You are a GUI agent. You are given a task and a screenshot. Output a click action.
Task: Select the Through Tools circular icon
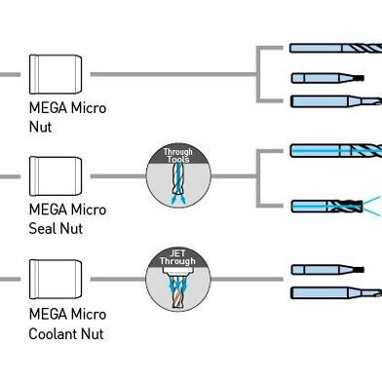click(x=178, y=176)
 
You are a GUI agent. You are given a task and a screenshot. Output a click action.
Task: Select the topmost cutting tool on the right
click(x=336, y=48)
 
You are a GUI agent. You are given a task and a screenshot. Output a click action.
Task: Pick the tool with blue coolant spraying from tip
click(x=331, y=205)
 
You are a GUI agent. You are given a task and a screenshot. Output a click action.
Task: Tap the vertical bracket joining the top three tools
click(x=257, y=73)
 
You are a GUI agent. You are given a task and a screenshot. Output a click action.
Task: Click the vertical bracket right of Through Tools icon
click(x=257, y=177)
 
